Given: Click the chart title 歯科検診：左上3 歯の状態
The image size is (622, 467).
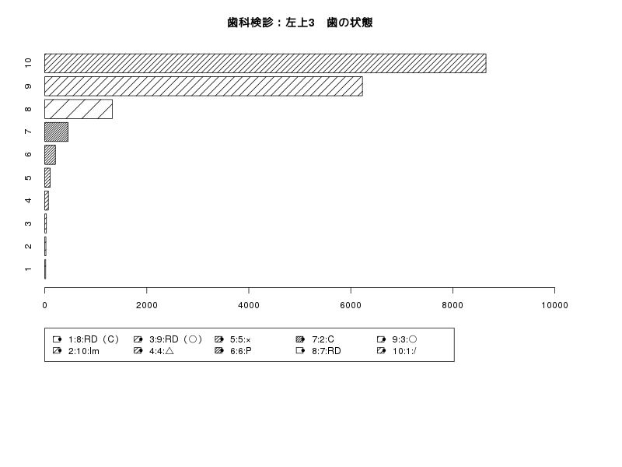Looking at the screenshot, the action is point(300,23).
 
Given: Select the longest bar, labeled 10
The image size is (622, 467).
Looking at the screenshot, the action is point(265,63).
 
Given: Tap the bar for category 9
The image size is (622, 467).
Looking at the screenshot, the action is point(204,86).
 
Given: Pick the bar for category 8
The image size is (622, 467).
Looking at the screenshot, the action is point(79,109).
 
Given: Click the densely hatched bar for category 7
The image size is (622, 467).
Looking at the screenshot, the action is point(56,132).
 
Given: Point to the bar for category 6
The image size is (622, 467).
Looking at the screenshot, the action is point(50,155).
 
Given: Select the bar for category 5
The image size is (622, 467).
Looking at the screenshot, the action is point(47,178).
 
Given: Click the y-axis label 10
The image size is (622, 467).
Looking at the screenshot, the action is point(28,63).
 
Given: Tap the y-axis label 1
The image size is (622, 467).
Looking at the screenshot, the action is point(28,269).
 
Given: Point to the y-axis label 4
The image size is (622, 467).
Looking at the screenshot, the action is point(28,201).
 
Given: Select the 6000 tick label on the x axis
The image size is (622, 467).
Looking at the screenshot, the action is point(351,305).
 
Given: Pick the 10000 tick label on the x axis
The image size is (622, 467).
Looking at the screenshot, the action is point(554,305).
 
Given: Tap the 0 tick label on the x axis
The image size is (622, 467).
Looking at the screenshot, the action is point(44,305).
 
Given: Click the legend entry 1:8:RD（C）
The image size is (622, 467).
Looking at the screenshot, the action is point(86,339).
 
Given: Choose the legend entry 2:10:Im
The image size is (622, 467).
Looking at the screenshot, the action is point(75,351).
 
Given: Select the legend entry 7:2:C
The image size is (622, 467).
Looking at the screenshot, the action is point(315,339).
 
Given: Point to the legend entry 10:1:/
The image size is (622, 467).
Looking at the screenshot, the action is point(397,351).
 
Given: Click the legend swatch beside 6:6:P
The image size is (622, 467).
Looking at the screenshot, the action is point(219,351).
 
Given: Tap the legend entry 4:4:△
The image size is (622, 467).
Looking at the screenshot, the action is point(154,351).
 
